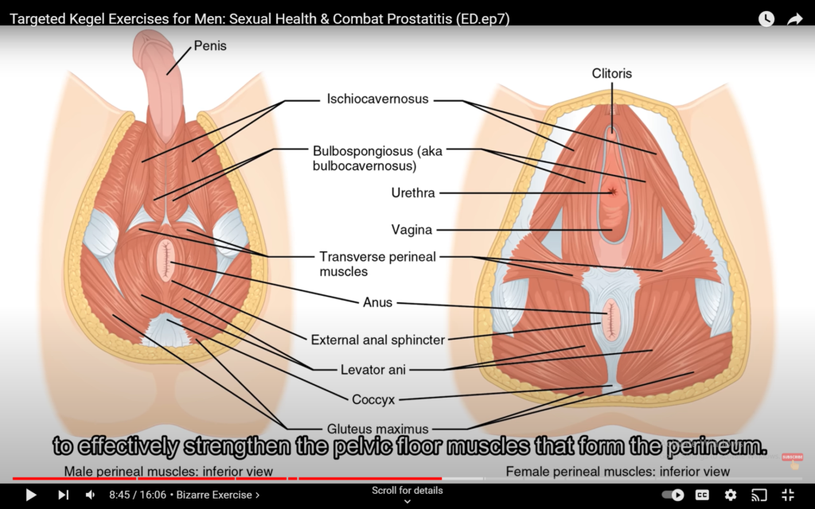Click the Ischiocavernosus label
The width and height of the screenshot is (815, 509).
tap(377, 99)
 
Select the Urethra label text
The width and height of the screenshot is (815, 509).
tap(413, 192)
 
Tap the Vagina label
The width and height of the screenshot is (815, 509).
tap(411, 230)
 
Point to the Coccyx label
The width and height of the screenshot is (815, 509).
tap(373, 399)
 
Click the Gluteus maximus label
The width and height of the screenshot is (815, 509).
tap(377, 429)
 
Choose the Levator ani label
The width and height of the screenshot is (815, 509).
tap(372, 370)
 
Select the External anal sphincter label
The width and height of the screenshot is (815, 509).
tap(378, 340)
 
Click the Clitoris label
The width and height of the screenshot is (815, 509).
tap(612, 73)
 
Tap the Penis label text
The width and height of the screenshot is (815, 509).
tap(210, 45)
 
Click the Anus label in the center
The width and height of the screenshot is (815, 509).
tap(377, 302)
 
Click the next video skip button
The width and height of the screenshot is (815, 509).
tap(63, 495)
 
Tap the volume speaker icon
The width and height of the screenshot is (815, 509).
tap(90, 495)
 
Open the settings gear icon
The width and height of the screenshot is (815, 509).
tap(731, 495)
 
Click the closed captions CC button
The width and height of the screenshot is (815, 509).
tap(702, 495)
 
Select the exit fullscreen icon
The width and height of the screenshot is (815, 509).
tap(788, 495)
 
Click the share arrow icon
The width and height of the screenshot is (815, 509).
tap(795, 19)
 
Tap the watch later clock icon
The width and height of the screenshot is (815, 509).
tap(766, 19)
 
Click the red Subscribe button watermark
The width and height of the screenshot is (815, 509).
tap(792, 457)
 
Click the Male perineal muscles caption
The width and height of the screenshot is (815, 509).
tap(169, 471)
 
